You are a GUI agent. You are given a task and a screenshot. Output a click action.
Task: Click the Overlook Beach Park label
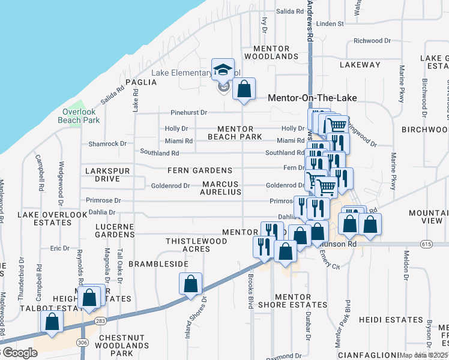click(79, 116)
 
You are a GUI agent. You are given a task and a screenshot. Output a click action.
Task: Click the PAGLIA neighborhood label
click(140, 82)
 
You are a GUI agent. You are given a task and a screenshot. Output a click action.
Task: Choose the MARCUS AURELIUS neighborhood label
click(221, 188)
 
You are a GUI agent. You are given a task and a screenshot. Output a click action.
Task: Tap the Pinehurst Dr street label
click(188, 112)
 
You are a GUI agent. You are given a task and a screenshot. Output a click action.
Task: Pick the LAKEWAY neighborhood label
click(360, 64)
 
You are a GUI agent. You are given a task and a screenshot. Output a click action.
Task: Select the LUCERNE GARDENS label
click(115, 230)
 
